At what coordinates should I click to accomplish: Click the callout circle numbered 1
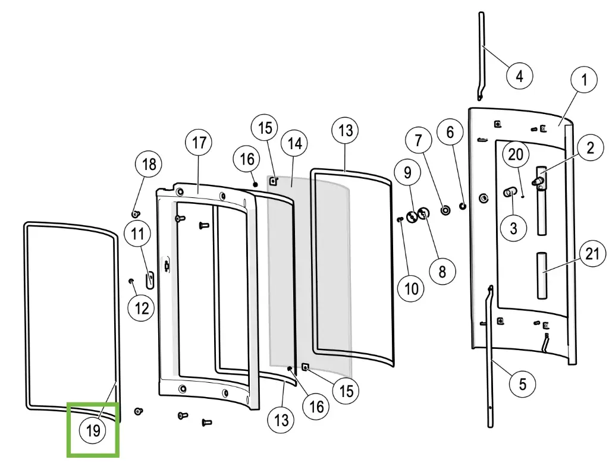click(x=584, y=80)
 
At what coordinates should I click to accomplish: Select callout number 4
click(x=519, y=76)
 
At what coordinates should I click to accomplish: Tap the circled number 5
click(x=522, y=385)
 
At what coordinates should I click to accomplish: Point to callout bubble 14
click(x=294, y=143)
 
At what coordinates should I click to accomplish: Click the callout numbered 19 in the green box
click(x=93, y=431)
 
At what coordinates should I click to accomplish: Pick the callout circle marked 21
click(x=592, y=254)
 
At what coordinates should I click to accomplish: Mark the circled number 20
click(x=516, y=154)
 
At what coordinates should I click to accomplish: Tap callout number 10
click(x=411, y=289)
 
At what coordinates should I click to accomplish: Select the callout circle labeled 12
click(x=142, y=307)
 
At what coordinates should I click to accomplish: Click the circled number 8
click(x=442, y=271)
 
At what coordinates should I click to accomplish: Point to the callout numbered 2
click(x=590, y=147)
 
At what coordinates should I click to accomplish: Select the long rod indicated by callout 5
click(x=491, y=357)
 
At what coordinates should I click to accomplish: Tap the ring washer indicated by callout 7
click(x=444, y=209)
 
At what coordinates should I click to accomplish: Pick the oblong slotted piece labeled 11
click(x=150, y=278)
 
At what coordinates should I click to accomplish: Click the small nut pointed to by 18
click(x=136, y=213)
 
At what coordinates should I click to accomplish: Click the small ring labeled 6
click(x=462, y=206)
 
